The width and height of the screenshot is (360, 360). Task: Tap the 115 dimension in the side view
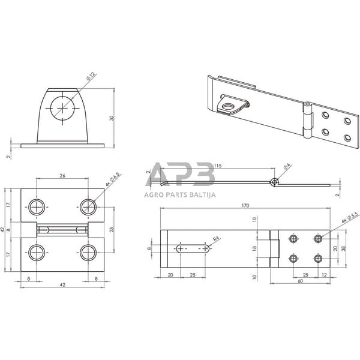pyautogui.click(x=217, y=165)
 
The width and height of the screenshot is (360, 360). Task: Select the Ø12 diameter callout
pyautogui.click(x=90, y=77)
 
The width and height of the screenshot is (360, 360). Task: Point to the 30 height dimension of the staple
pyautogui.click(x=112, y=118)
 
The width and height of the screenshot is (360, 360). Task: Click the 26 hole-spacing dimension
pyautogui.click(x=63, y=175)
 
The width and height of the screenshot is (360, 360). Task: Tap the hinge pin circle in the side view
pyautogui.click(x=274, y=181)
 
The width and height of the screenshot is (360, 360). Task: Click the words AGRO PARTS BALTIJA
pyautogui.click(x=179, y=194)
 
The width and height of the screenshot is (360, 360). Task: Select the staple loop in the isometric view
pyautogui.click(x=230, y=106)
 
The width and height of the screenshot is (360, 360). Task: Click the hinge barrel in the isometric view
pyautogui.click(x=308, y=122)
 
